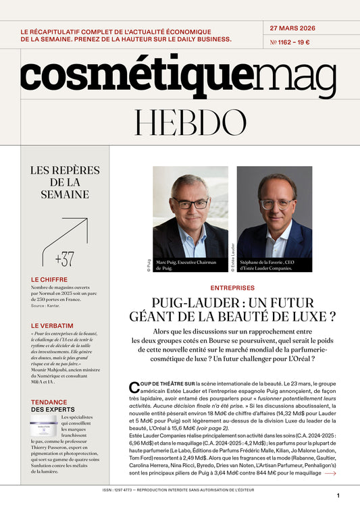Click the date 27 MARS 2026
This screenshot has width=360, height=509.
292,28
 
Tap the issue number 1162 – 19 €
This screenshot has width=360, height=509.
290,43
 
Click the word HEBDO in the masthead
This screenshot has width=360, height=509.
180,122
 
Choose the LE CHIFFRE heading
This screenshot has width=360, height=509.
49,279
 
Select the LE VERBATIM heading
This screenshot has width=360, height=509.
52,325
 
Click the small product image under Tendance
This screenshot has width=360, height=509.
44,427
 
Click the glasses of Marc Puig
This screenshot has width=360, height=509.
190,203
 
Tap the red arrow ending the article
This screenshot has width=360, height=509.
330,473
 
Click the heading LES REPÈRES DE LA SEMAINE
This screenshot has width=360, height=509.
59,182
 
